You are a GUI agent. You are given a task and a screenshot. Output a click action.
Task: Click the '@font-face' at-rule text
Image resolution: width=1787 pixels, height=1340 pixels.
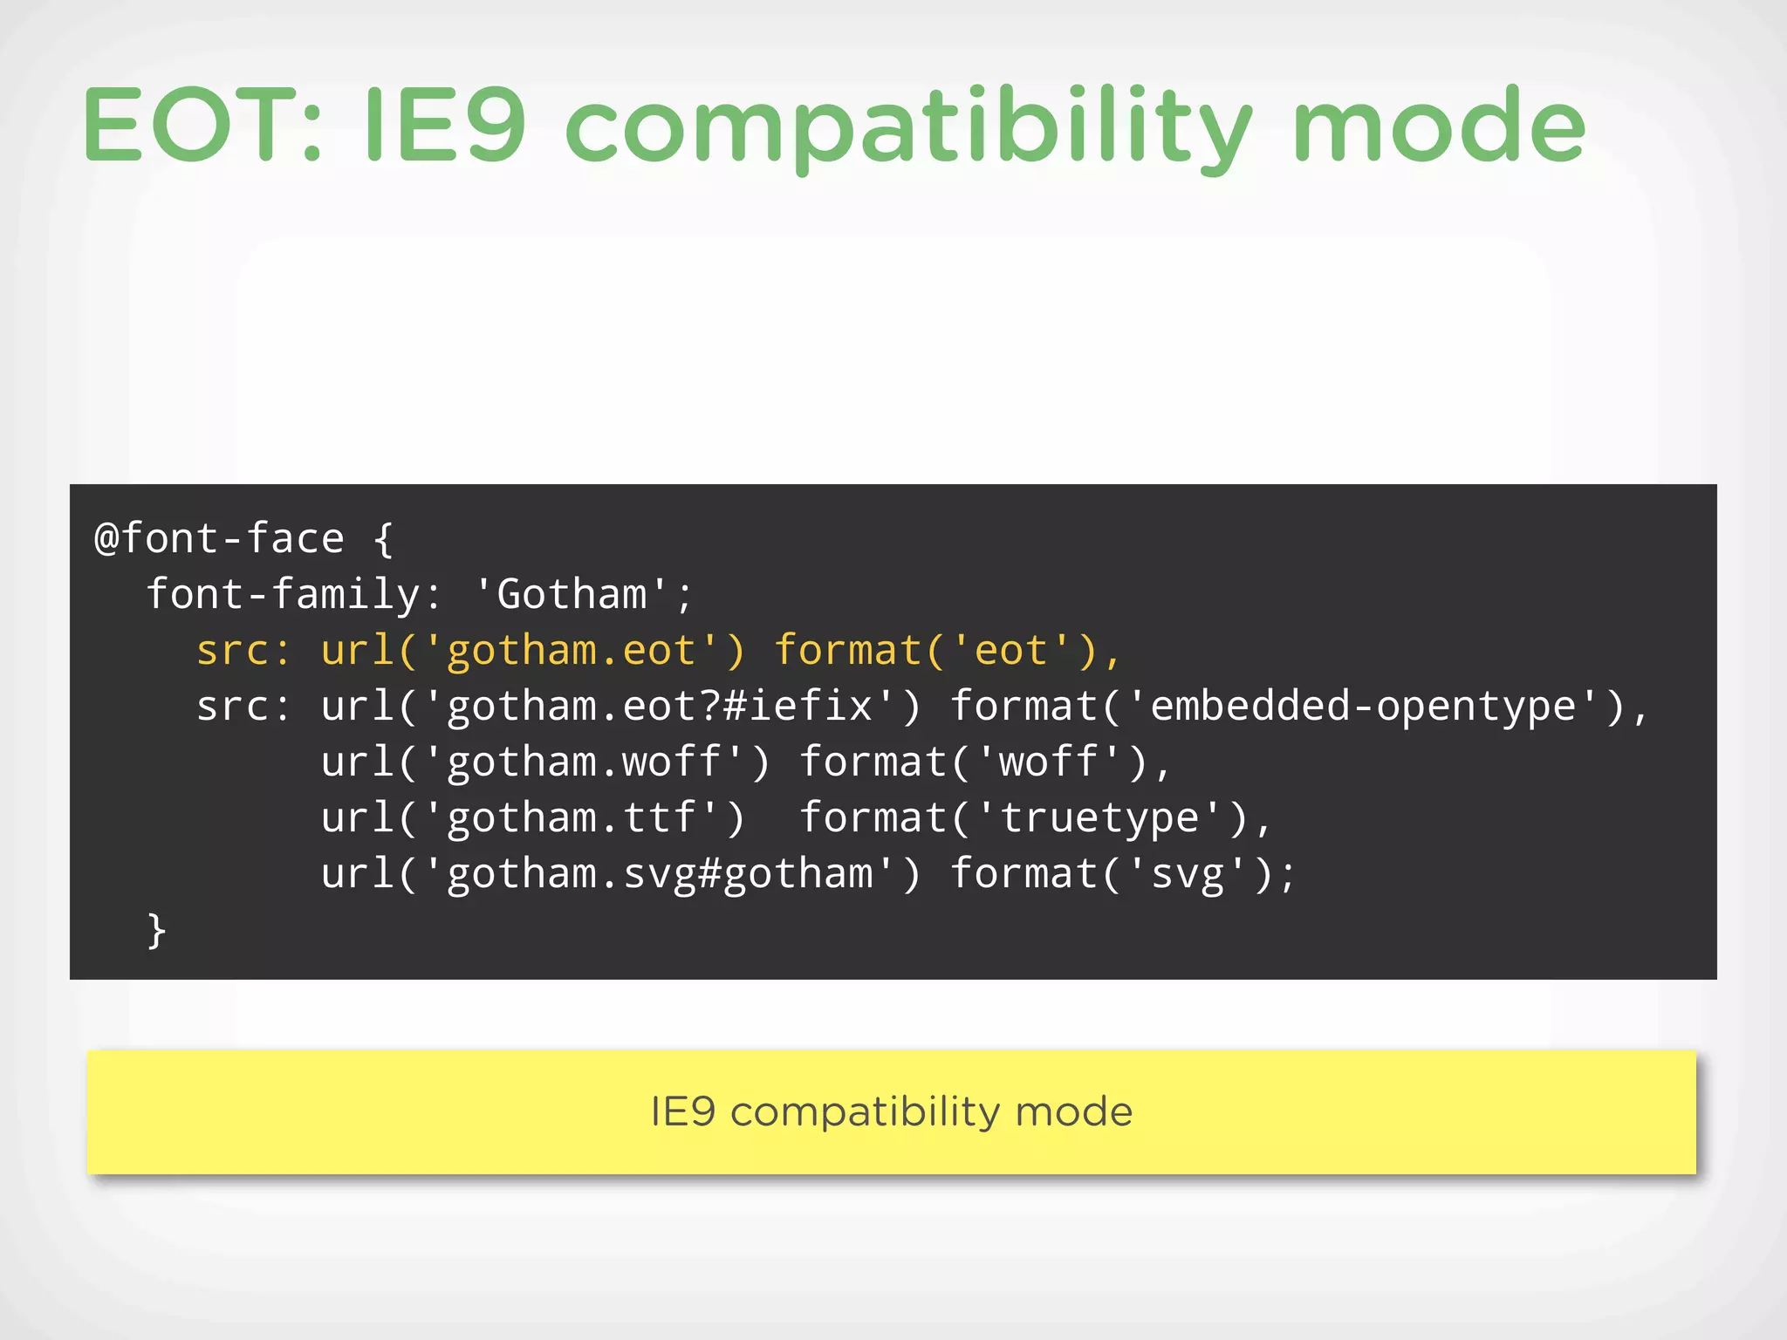220,538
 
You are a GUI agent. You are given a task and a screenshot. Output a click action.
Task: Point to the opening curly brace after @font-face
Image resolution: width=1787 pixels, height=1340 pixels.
383,539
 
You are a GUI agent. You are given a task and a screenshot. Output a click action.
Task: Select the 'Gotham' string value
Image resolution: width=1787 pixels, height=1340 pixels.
572,595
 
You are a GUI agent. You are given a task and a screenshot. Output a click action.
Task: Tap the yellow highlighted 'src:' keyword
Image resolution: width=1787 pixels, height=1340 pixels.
243,651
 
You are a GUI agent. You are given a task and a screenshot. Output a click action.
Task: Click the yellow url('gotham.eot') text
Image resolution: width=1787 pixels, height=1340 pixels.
533,651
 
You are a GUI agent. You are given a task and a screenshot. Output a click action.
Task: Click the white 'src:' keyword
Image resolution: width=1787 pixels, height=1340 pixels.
243,707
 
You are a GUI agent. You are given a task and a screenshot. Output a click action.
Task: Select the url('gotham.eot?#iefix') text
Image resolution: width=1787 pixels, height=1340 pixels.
620,707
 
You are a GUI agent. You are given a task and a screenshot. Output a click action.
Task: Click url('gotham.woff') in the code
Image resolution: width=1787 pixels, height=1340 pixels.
545,762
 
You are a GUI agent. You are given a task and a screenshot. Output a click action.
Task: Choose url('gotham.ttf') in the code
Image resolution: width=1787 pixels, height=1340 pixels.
533,818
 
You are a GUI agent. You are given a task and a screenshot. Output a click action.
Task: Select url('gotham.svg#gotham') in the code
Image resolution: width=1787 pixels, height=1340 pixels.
620,874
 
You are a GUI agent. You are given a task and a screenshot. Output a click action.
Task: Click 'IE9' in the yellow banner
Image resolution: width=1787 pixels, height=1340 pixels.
683,1112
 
